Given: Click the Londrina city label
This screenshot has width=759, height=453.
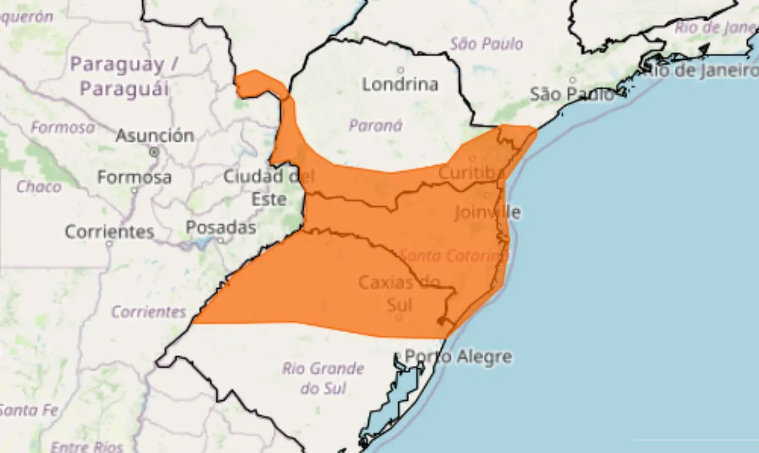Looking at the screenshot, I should (x=400, y=84).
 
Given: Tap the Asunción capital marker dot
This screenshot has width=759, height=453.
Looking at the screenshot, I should (x=155, y=152).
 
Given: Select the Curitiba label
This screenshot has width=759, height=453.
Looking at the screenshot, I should (x=471, y=173).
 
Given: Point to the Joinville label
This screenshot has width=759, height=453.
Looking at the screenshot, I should (x=487, y=212).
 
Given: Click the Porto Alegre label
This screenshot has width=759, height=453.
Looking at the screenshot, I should (x=458, y=357).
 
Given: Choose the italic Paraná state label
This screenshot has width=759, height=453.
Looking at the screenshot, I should (x=375, y=125).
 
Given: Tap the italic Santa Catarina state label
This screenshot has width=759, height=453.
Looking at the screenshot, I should (x=454, y=256).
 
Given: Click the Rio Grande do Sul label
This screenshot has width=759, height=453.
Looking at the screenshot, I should (x=323, y=378).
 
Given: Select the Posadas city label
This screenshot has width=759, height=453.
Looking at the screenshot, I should (x=221, y=228).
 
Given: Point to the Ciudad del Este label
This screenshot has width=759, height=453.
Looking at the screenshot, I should (x=269, y=187).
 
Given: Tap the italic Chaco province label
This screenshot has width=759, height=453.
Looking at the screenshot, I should (x=39, y=187).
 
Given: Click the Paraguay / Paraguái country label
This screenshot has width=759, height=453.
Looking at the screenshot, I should (x=124, y=76).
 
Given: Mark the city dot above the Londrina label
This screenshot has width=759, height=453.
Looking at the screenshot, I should (x=401, y=70).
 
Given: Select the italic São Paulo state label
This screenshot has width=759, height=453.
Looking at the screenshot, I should (x=486, y=43).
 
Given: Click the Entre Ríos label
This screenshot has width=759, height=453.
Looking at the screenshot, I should (x=87, y=446).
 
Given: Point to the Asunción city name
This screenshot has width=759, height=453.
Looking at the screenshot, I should (x=155, y=136).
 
